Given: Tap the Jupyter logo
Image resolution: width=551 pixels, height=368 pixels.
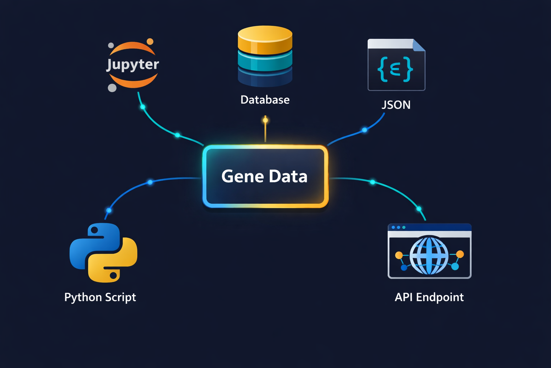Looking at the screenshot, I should pyautogui.click(x=133, y=65).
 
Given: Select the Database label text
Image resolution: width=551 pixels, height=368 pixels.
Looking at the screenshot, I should pyautogui.click(x=265, y=100).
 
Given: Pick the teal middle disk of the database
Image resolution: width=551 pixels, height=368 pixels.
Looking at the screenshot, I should pyautogui.click(x=265, y=61).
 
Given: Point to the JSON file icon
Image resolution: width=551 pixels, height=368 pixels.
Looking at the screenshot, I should pyautogui.click(x=396, y=65).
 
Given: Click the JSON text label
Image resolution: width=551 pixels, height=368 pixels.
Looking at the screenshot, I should pyautogui.click(x=396, y=105).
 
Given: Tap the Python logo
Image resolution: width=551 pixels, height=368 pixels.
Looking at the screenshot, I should pyautogui.click(x=103, y=253).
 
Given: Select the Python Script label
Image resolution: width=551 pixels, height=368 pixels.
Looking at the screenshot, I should pyautogui.click(x=100, y=298).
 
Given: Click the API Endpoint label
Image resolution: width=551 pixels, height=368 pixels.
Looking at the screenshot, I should pyautogui.click(x=429, y=298).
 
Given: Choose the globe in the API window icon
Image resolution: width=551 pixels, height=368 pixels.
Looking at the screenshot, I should pyautogui.click(x=429, y=256).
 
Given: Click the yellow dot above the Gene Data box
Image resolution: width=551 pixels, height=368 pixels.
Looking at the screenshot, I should pyautogui.click(x=265, y=120).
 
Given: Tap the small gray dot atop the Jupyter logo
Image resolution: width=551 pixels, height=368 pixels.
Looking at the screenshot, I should pyautogui.click(x=111, y=45).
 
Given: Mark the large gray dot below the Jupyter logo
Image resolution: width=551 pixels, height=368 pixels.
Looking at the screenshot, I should pyautogui.click(x=112, y=88).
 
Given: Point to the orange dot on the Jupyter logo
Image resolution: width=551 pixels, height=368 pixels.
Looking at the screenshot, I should pyautogui.click(x=150, y=42).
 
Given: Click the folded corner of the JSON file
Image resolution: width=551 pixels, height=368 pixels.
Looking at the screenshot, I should pyautogui.click(x=419, y=45).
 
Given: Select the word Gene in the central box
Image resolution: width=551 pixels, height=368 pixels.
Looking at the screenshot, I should pyautogui.click(x=242, y=176).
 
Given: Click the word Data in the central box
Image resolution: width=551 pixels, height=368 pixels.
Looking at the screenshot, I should pyautogui.click(x=288, y=176).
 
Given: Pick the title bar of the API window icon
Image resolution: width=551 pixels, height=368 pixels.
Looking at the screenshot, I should pyautogui.click(x=429, y=227).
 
